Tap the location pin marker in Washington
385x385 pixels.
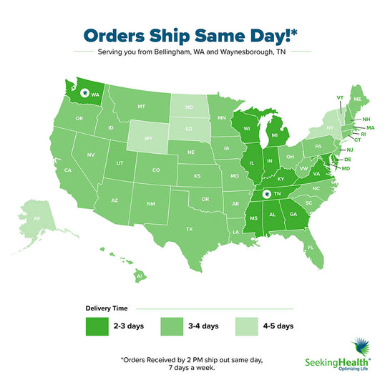click(x=84, y=92)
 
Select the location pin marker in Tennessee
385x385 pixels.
click(x=266, y=194)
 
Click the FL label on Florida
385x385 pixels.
click(x=311, y=247)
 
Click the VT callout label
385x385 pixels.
click(x=340, y=97)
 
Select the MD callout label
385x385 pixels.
click(x=346, y=168)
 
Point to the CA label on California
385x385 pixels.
click(x=69, y=170)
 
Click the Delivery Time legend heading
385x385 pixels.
click(x=109, y=308)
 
